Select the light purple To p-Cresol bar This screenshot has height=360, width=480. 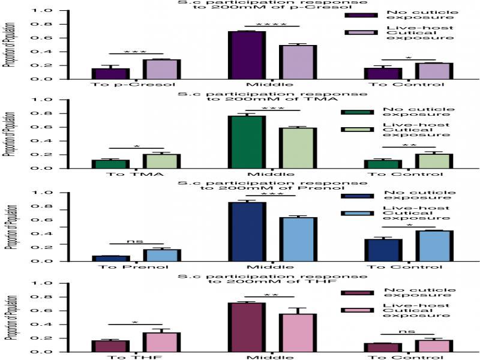pos(161,69)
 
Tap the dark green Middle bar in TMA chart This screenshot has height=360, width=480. pos(247,142)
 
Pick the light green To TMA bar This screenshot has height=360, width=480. pos(161,161)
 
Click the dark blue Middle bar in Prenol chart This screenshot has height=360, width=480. pos(247,232)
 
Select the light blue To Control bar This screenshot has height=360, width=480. pos(433,246)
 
